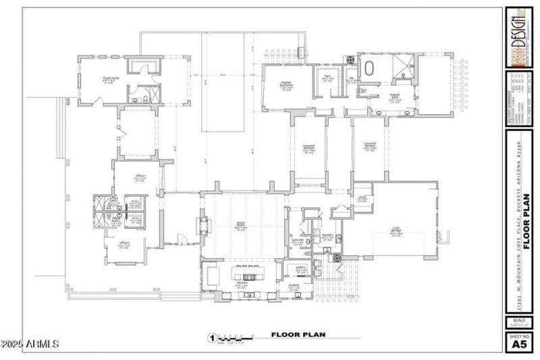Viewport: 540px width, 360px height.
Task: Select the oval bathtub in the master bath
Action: (x=371, y=69)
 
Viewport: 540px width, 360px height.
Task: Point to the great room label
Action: (x=240, y=224)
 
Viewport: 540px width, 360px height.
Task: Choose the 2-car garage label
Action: (x=397, y=229)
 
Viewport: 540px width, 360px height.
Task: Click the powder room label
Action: (x=298, y=240)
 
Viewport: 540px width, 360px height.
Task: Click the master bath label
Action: (x=396, y=96)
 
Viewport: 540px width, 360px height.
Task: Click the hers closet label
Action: (x=327, y=78)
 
